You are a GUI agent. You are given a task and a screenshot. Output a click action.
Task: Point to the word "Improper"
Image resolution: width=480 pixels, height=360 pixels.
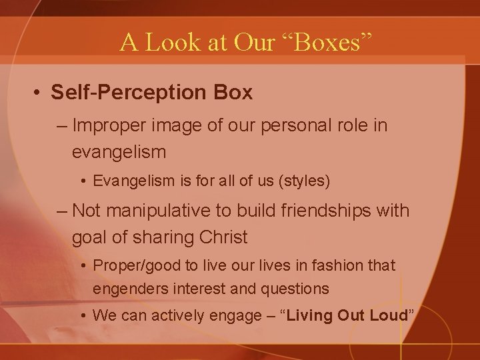[x=107, y=125]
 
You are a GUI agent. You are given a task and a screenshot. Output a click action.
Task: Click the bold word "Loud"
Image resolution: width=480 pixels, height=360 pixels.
[x=387, y=315]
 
